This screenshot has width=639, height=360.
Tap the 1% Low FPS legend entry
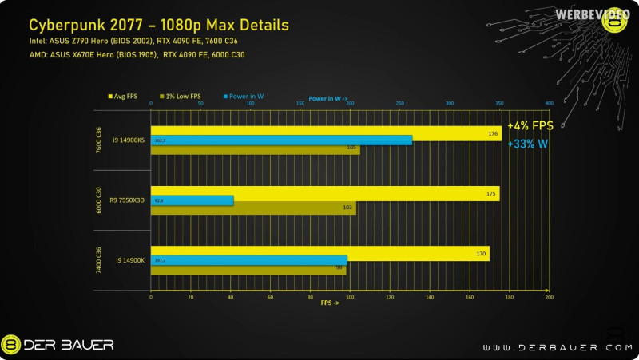coord(182,96)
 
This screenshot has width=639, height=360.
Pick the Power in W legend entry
coord(244,96)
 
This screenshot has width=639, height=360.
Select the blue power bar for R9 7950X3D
coord(192,200)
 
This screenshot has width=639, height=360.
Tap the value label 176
coord(493,133)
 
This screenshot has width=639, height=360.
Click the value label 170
coord(481,255)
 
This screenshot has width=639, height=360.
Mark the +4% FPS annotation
coord(530,126)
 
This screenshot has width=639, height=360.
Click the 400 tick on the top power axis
coord(549,103)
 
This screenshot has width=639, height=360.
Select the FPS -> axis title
coord(331,303)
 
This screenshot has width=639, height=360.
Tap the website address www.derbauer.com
coord(550,347)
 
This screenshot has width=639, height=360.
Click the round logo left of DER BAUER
coord(11,345)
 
